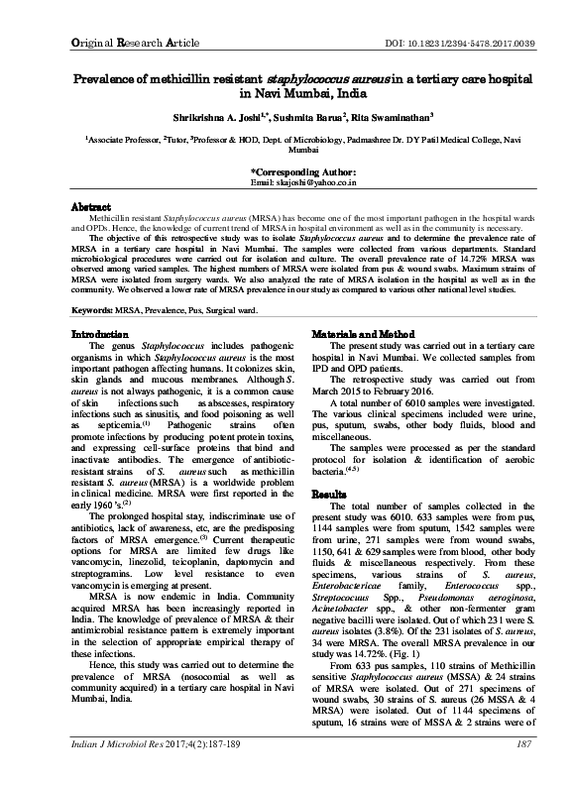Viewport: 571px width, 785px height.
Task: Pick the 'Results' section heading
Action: tap(330, 492)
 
